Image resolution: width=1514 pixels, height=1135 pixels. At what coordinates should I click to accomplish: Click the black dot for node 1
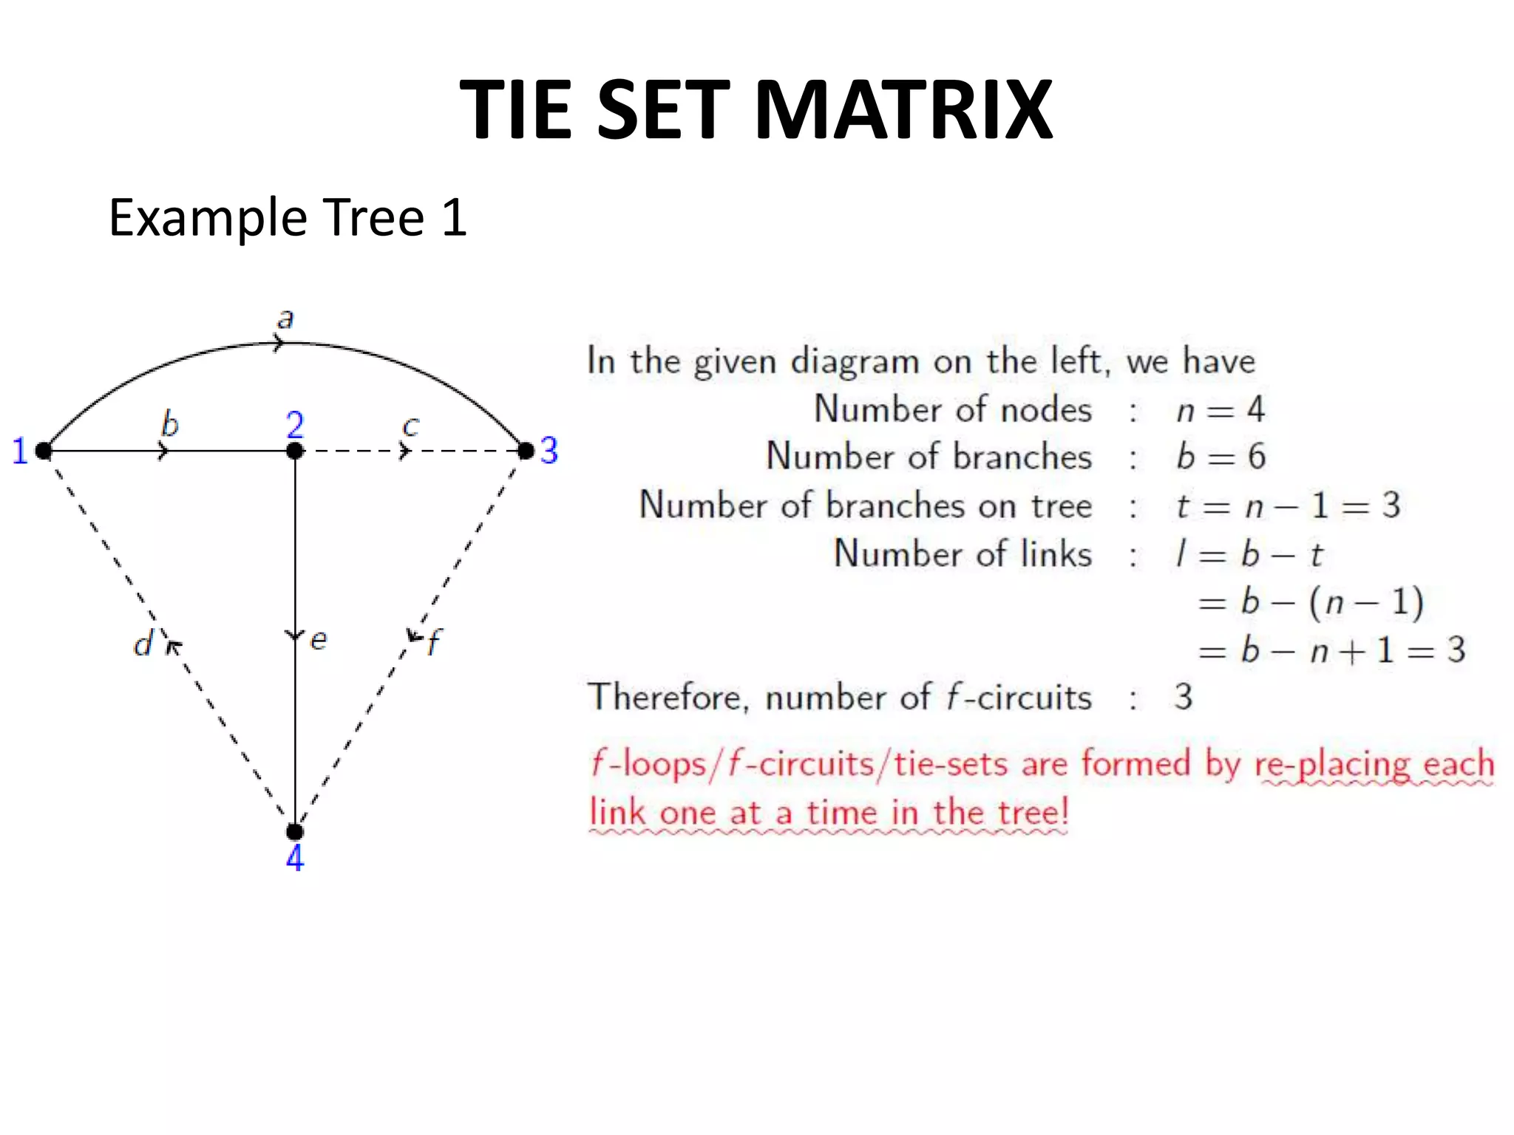click(x=44, y=450)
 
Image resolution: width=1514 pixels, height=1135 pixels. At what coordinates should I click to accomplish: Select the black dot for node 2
click(x=295, y=450)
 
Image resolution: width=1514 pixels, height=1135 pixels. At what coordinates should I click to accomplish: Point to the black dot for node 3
click(x=526, y=450)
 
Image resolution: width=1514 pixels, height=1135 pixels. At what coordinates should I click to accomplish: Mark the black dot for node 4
click(x=295, y=832)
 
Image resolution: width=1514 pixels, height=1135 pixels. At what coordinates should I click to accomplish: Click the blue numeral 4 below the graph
click(x=295, y=859)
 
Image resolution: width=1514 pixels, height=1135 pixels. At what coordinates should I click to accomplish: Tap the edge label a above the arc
click(x=285, y=319)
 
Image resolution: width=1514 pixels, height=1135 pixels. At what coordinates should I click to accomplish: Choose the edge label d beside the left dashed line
click(x=143, y=644)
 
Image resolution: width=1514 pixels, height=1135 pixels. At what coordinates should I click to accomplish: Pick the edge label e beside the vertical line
click(x=319, y=640)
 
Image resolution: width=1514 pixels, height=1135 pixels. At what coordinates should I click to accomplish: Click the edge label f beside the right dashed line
click(x=435, y=641)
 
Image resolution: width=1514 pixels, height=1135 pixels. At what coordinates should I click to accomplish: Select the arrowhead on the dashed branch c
click(x=404, y=451)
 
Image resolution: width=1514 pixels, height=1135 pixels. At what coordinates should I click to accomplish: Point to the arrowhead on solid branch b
click(x=163, y=451)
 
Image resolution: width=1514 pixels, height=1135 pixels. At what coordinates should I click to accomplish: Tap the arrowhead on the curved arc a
click(x=278, y=343)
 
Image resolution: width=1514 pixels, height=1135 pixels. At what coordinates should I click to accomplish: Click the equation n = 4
click(x=1220, y=410)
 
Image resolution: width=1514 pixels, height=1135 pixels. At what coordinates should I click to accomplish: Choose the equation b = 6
click(x=1221, y=457)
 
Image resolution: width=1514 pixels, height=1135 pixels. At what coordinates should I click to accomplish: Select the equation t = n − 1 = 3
click(x=1287, y=506)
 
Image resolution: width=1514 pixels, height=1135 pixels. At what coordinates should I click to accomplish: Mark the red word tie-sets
click(x=950, y=764)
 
